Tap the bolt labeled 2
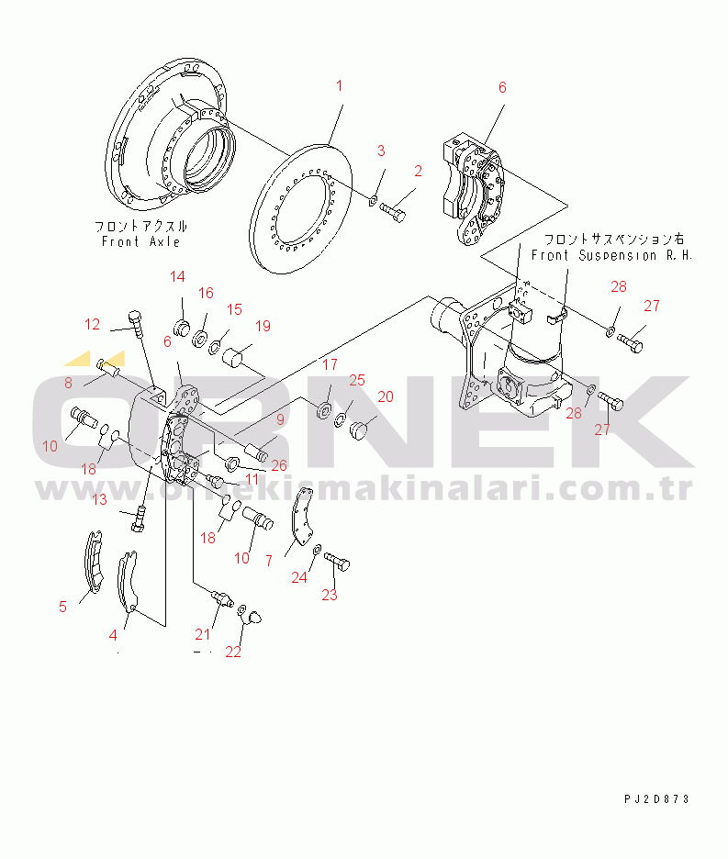click(x=396, y=212)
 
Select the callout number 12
click(x=93, y=324)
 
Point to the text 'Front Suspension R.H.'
click(x=611, y=255)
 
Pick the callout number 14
click(x=176, y=276)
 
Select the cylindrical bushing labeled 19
click(x=245, y=353)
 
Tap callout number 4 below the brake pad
click(x=113, y=633)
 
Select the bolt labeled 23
click(x=336, y=561)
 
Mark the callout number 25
click(x=358, y=379)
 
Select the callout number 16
click(x=206, y=293)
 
